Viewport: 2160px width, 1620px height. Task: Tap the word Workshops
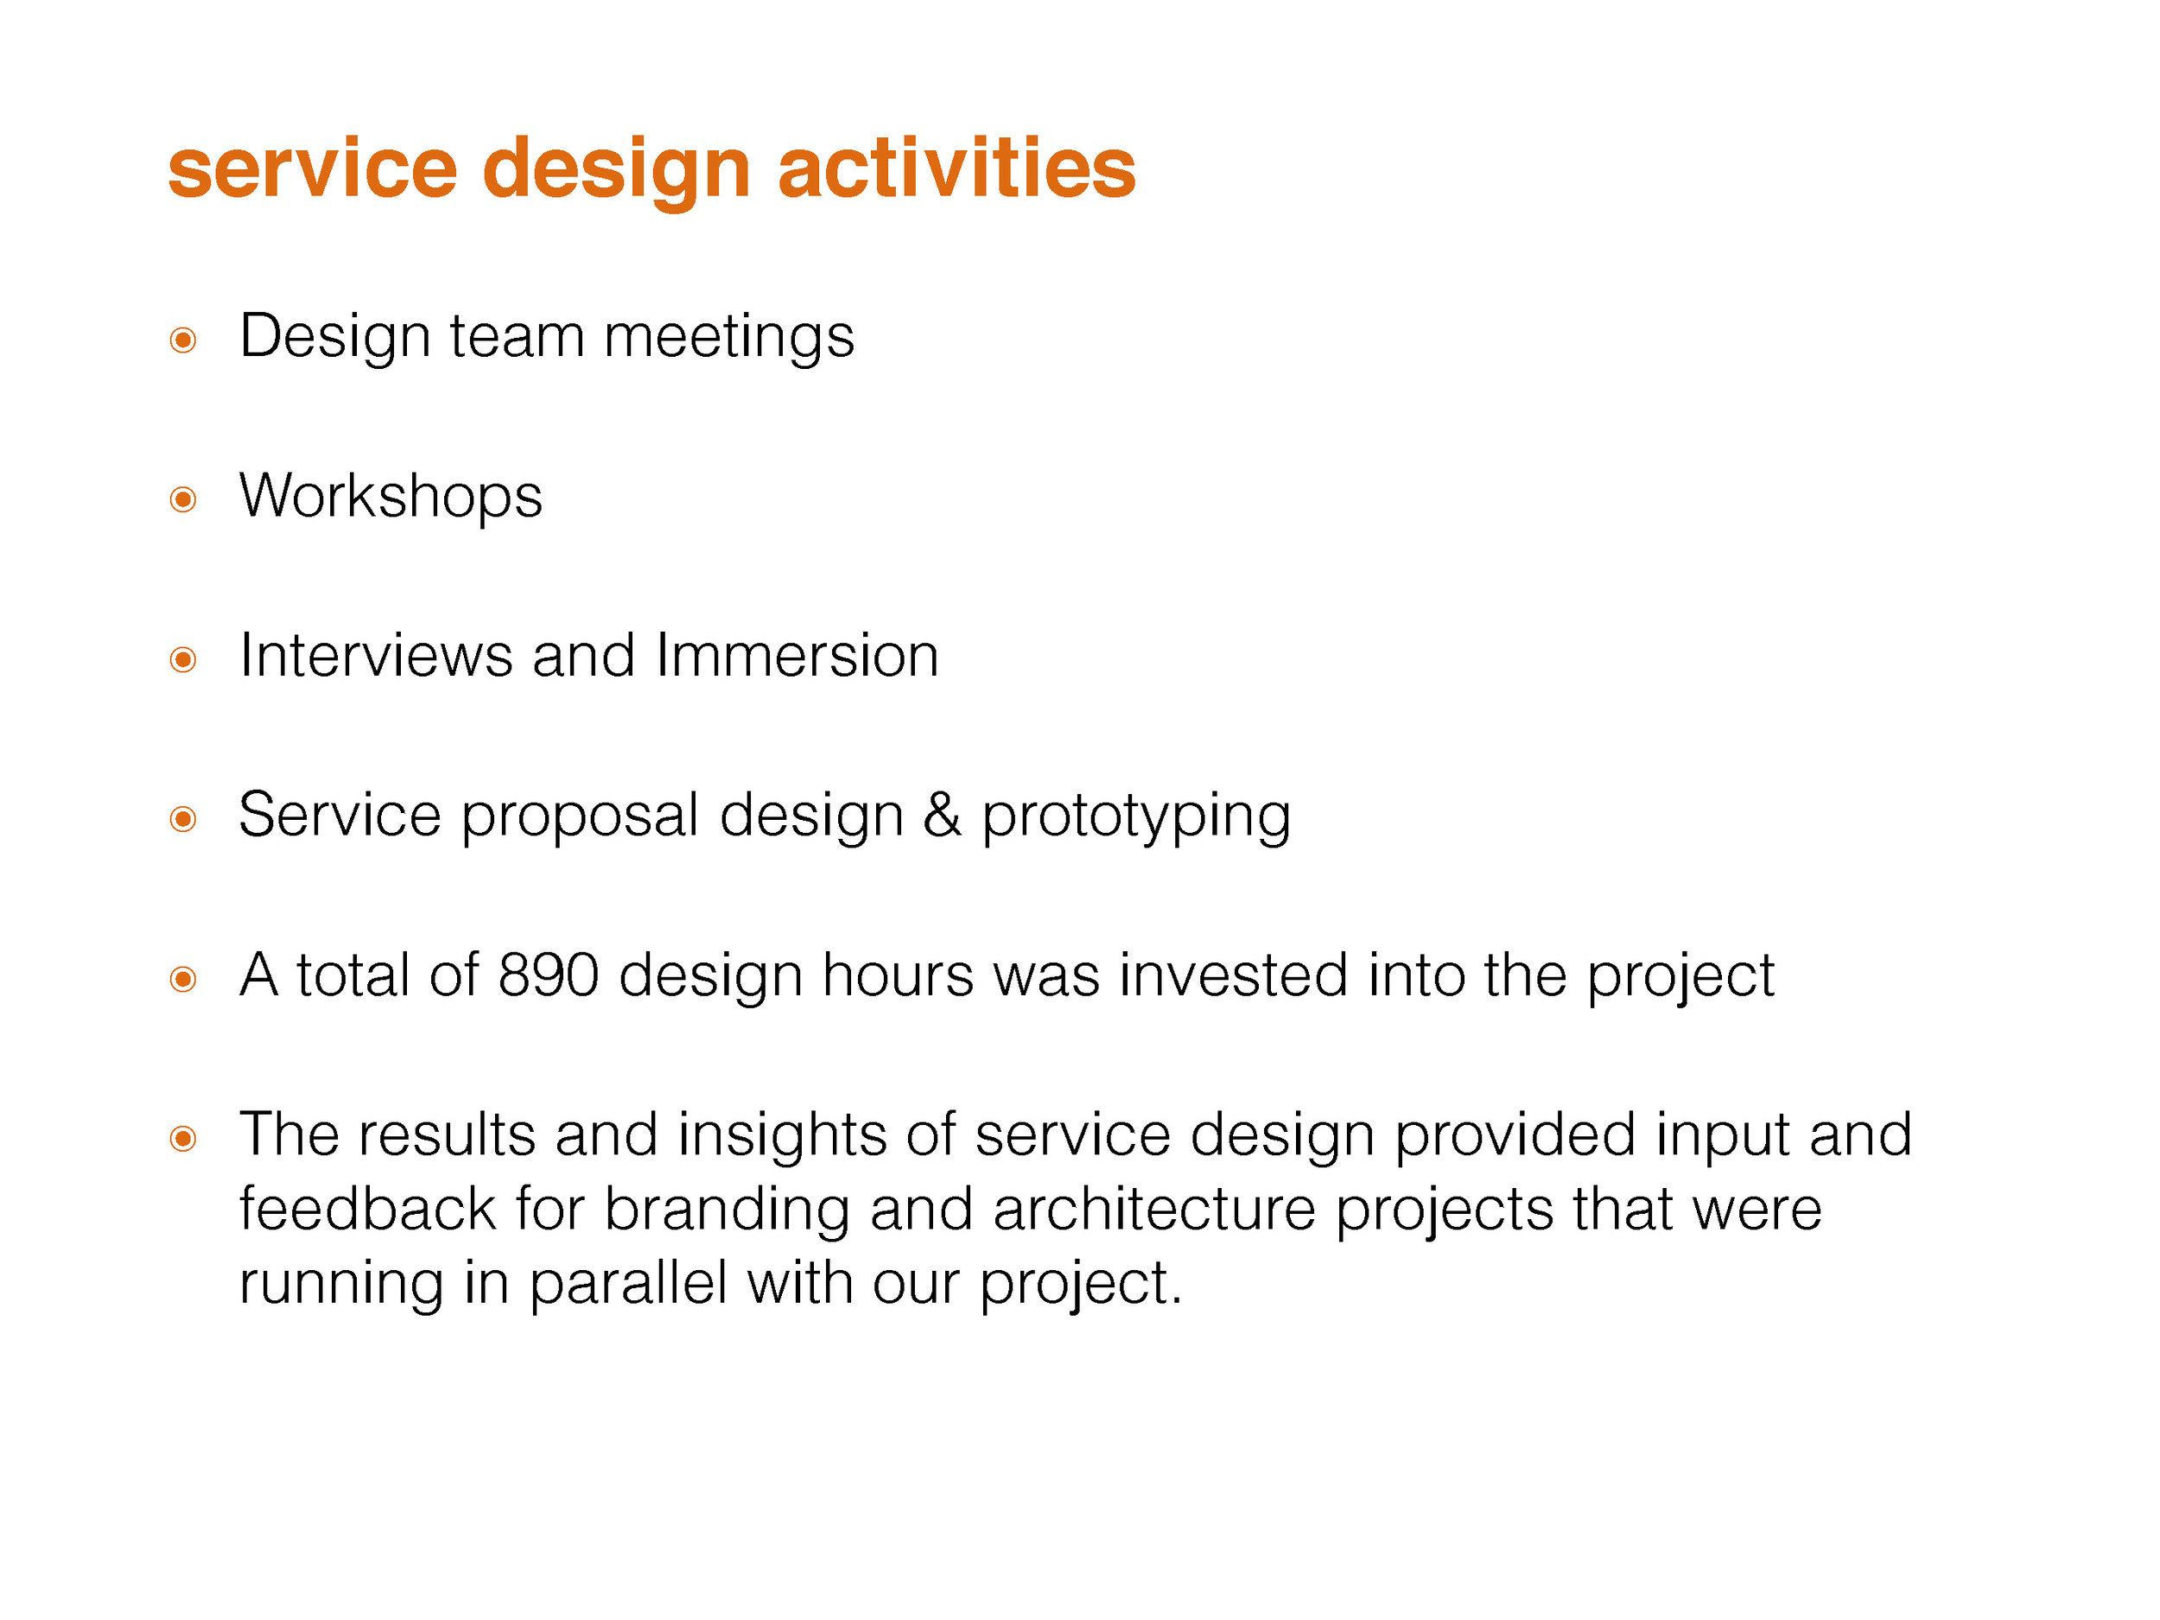391,496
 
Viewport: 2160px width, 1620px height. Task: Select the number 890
548,975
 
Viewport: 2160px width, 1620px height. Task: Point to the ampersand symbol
943,816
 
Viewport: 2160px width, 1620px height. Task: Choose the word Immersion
797,655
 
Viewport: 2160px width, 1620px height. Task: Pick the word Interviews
376,655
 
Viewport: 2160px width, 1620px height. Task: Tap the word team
516,338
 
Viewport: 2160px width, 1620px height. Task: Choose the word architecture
1154,1210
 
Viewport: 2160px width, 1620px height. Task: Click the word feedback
367,1210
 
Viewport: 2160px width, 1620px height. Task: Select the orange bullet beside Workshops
183,500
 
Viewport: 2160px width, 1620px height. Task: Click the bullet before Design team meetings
183,340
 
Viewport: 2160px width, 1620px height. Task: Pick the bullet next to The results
183,1139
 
